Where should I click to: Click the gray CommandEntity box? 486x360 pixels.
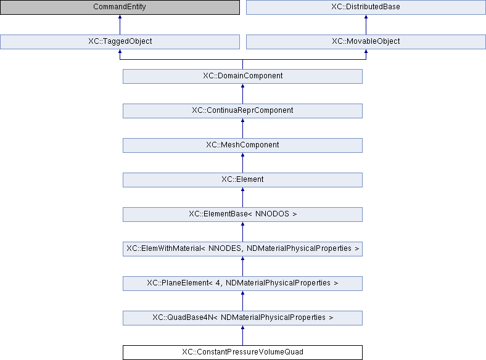[x=120, y=7]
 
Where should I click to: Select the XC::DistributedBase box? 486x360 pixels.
[x=366, y=7]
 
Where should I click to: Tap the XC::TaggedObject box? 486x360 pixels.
[x=120, y=41]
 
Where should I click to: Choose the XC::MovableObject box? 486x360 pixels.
[x=366, y=41]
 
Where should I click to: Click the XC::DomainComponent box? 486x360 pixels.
[x=242, y=76]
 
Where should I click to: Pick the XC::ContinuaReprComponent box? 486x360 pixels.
[x=242, y=110]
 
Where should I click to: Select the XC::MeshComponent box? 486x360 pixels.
[x=242, y=145]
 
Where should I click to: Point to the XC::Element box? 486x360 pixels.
[x=242, y=179]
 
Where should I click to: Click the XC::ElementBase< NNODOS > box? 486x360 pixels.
[x=242, y=215]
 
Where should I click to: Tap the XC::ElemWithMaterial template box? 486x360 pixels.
[x=242, y=249]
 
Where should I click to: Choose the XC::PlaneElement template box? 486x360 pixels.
[x=242, y=284]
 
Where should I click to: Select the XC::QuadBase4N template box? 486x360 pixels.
[x=242, y=318]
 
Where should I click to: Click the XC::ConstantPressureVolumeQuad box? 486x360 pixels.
[x=242, y=353]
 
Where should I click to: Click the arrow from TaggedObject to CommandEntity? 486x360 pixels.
[x=120, y=25]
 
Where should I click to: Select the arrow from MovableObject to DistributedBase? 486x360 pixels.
[x=366, y=25]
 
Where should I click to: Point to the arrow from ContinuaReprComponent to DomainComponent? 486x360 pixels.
[x=242, y=94]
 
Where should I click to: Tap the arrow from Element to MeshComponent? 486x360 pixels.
[x=242, y=163]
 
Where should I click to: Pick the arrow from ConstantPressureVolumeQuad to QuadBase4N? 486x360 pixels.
[x=242, y=335]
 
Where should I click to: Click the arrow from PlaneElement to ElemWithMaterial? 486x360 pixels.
[x=242, y=266]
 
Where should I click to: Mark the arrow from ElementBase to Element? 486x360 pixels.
[x=242, y=197]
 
